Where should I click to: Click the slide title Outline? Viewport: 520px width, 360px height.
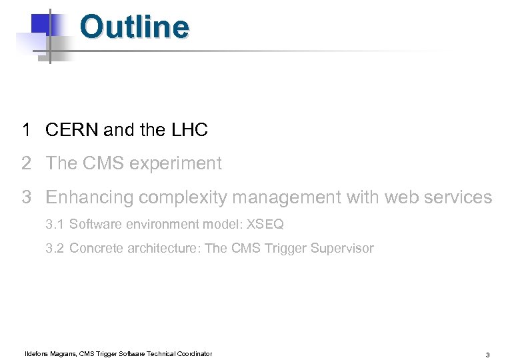pyautogui.click(x=134, y=27)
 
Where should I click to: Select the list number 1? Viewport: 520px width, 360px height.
pyautogui.click(x=26, y=130)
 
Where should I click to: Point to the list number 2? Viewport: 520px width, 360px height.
pyautogui.click(x=26, y=163)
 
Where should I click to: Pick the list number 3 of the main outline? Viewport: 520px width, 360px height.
pyautogui.click(x=26, y=197)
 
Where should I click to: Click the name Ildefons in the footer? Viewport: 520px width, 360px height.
pyautogui.click(x=37, y=353)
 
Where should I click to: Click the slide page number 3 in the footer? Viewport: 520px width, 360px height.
pyautogui.click(x=488, y=355)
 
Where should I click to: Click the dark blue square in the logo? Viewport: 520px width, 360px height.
pyautogui.click(x=41, y=24)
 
